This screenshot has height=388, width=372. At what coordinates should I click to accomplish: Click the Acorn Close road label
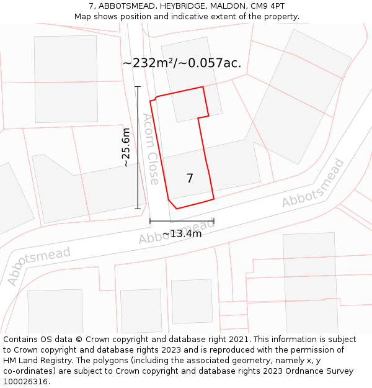tap(150, 149)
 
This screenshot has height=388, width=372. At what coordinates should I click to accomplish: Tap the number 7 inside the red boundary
tap(190, 179)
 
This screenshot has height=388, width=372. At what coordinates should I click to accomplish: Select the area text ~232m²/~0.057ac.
tap(182, 63)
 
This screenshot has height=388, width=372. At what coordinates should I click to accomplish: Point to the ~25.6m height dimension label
tap(126, 148)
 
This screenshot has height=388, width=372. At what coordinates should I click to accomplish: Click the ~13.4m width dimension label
tap(182, 234)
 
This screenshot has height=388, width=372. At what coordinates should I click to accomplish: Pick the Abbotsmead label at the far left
tap(39, 266)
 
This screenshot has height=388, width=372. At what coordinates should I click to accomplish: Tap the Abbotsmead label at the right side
tap(312, 184)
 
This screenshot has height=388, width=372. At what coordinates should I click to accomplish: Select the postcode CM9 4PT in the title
tap(268, 6)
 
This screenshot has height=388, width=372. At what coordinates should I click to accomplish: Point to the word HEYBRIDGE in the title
tap(184, 6)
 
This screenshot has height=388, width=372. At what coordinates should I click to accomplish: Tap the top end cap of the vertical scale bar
tap(138, 87)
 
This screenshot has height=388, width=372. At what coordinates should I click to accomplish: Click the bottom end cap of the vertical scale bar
tap(138, 209)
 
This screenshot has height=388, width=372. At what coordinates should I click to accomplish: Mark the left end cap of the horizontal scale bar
tap(150, 220)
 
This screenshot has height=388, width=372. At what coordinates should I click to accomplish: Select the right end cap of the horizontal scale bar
tap(214, 220)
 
